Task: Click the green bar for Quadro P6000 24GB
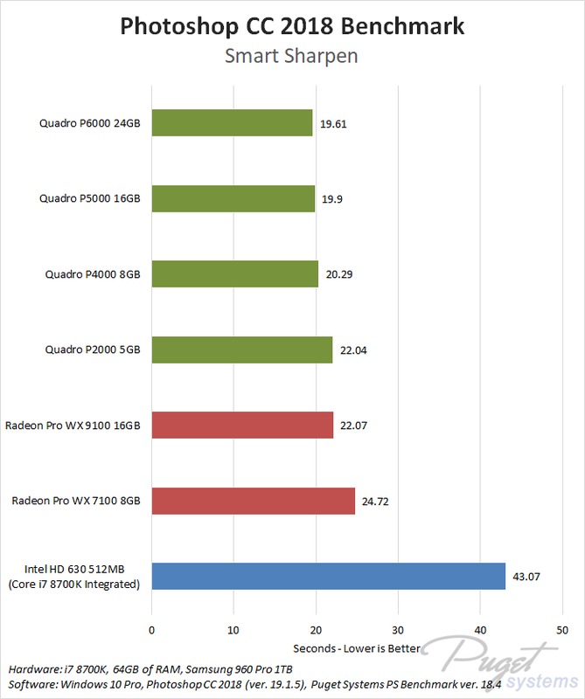point(232,123)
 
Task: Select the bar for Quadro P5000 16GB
point(233,198)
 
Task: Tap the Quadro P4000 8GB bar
point(235,274)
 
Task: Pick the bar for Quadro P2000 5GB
point(242,350)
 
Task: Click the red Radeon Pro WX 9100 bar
point(242,426)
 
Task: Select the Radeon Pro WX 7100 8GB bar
point(254,502)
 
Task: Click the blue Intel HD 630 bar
point(329,577)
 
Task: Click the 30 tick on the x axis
point(398,628)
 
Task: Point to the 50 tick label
point(562,628)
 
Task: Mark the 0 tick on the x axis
point(152,628)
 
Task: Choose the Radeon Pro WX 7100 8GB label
point(76,502)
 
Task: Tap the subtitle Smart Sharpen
point(292,57)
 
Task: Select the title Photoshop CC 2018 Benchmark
point(292,26)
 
